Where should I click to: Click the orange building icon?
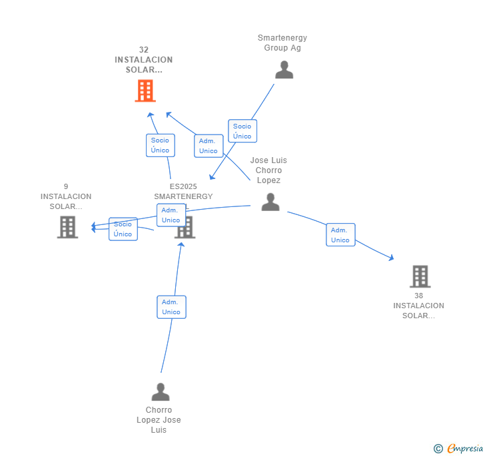click(145, 91)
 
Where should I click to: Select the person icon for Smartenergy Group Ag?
click(284, 70)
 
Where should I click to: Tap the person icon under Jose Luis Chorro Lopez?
click(270, 202)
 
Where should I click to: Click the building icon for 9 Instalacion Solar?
click(67, 227)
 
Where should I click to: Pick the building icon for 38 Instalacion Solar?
click(420, 276)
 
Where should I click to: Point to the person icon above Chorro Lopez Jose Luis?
click(161, 391)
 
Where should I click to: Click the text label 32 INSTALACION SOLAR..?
click(143, 60)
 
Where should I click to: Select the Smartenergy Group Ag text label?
click(282, 43)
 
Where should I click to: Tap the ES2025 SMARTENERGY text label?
click(183, 191)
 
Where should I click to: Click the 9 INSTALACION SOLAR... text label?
click(66, 196)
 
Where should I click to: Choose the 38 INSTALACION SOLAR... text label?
click(418, 306)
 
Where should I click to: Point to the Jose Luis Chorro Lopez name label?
click(268, 170)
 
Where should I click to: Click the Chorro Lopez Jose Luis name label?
click(159, 420)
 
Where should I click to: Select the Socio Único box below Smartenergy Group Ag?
click(242, 131)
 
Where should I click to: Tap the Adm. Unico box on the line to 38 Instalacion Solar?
click(340, 235)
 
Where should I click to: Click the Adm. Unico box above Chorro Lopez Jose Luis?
click(171, 307)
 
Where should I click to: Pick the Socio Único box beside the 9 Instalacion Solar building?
click(123, 229)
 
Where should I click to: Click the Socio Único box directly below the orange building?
click(160, 145)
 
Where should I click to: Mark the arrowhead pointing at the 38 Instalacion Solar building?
click(392, 258)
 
